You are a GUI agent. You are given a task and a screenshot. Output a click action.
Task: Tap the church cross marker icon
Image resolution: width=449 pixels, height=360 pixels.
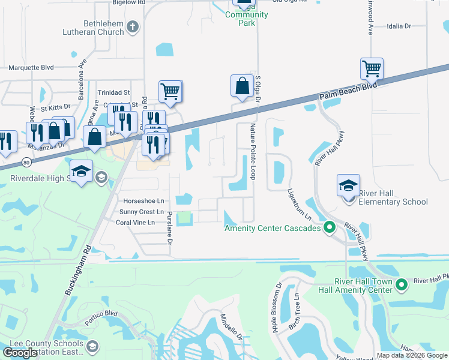(133, 26)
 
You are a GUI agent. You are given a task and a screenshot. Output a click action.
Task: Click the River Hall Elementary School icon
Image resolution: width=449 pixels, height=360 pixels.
(348, 185)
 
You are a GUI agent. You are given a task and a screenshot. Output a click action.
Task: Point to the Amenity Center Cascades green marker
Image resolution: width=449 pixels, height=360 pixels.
(329, 227)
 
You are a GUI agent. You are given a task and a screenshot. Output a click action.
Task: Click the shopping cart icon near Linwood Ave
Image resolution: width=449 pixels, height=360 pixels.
(372, 69)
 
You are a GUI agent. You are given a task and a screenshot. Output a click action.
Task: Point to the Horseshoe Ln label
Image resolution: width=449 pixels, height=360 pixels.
(143, 201)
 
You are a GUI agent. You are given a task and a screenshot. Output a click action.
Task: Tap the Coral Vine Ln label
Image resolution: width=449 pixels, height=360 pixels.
(135, 222)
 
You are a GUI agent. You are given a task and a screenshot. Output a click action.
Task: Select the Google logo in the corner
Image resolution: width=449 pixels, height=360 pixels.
(20, 353)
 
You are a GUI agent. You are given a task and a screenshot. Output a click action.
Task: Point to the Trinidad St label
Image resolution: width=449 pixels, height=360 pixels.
(113, 92)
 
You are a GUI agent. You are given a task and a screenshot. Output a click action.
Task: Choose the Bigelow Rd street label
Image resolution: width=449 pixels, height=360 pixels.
(129, 2)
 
